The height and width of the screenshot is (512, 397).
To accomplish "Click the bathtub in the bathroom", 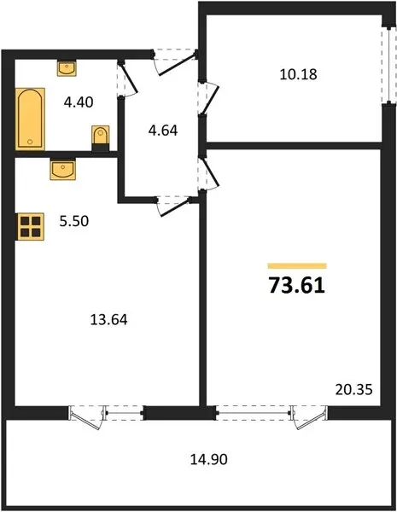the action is tap(30, 119).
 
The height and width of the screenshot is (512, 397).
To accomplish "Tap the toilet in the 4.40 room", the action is tap(100, 138).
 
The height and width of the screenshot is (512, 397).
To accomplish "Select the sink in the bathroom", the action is tap(67, 68).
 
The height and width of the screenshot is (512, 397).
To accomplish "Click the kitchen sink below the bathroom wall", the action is tap(62, 169).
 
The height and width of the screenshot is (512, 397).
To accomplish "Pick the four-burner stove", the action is tap(30, 227).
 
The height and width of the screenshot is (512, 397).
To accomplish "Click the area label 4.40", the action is tap(79, 102).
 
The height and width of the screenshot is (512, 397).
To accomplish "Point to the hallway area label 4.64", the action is tap(163, 131).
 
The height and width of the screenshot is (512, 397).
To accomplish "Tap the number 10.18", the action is tap(298, 74).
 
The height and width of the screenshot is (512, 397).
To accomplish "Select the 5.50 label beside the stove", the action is tap(73, 221).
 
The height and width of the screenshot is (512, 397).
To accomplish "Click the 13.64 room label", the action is tap(108, 320).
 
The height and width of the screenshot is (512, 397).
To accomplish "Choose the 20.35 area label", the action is tap(353, 390).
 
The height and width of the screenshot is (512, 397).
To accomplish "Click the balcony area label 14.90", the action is tap(209, 459).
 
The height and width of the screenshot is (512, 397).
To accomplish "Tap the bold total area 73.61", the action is tap(297, 285).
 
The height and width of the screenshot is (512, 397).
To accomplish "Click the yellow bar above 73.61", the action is tap(297, 265).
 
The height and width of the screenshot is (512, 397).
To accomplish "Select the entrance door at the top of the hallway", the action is tap(174, 62).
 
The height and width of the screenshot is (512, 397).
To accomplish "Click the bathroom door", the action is tap(127, 79).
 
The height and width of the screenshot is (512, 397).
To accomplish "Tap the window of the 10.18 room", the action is tap(388, 66).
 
